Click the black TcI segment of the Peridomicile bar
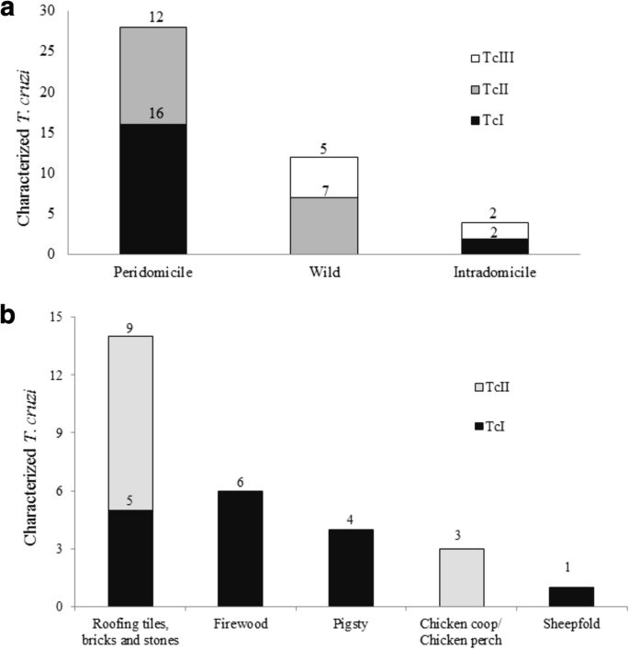coord(152,189)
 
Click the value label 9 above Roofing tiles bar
coord(131,327)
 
